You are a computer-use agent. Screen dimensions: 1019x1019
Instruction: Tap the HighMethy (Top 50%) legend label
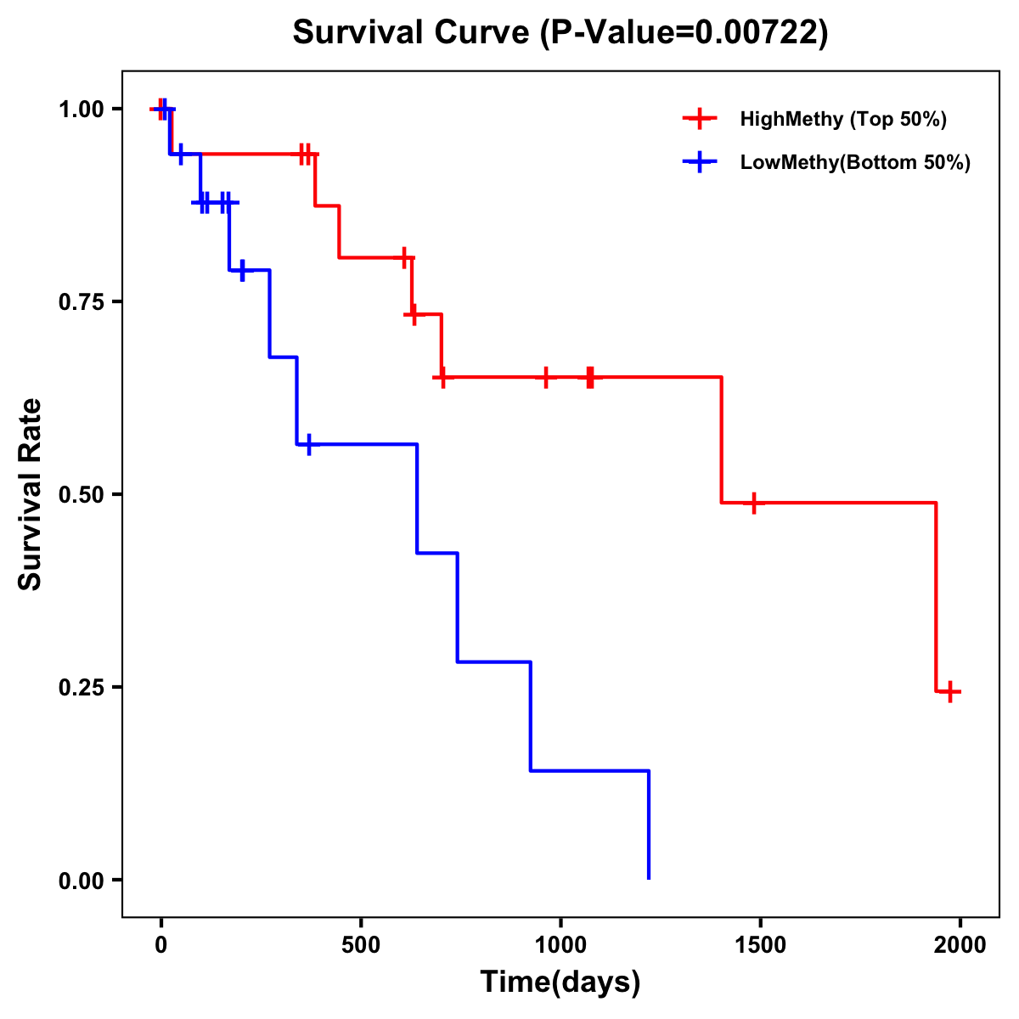843,119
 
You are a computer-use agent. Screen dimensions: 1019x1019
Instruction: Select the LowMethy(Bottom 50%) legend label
855,162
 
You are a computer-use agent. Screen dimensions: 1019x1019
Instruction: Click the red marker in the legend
699,119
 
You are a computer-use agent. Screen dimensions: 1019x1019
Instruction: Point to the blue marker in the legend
699,162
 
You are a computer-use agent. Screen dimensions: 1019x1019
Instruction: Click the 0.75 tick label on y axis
81,301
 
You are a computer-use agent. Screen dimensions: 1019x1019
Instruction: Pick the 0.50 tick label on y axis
81,494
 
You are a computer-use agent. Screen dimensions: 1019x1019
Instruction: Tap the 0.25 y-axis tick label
81,687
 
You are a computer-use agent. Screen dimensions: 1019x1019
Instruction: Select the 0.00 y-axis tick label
81,880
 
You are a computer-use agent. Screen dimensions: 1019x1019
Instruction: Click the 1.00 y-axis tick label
81,110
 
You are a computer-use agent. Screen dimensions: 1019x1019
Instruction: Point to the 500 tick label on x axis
361,945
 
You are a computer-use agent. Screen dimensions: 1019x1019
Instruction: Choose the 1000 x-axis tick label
560,945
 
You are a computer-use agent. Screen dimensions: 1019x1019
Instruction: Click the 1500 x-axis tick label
760,945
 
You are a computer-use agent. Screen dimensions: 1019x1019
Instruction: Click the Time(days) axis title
560,982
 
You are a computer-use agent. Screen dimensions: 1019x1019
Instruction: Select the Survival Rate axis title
31,494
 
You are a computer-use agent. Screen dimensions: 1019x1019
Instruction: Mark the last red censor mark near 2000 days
950,691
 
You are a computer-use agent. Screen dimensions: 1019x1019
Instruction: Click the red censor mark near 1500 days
752,503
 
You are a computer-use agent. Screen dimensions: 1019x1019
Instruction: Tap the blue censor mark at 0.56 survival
309,444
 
